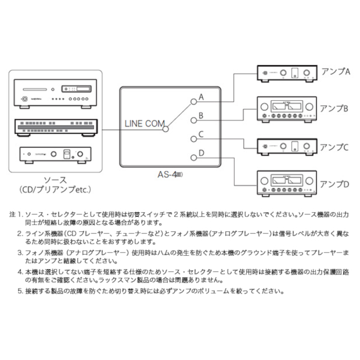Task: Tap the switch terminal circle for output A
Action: [193, 101]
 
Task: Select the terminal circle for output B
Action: [193, 120]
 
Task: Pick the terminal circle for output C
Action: [193, 139]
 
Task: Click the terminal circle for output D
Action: [193, 157]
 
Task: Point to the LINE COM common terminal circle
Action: [166, 129]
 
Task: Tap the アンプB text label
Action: [335, 109]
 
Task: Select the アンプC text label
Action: [335, 146]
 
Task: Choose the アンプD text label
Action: [335, 184]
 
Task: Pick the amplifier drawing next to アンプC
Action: [287, 146]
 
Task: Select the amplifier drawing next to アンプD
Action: [287, 183]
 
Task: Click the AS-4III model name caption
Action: [170, 174]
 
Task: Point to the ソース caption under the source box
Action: [55, 179]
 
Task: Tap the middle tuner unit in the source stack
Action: [56, 127]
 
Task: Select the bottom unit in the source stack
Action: [56, 153]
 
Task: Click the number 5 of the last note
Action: [19, 291]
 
